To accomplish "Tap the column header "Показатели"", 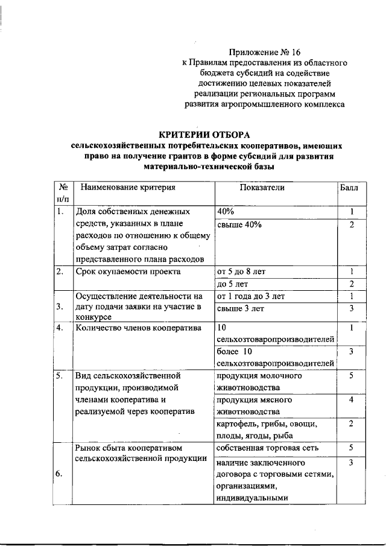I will (x=262, y=187).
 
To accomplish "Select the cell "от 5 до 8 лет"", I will (x=241, y=271).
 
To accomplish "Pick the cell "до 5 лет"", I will (x=232, y=284).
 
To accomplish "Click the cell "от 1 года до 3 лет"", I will (x=250, y=296).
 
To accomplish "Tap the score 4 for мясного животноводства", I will (x=350, y=400).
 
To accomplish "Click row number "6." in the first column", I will (x=59, y=474).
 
